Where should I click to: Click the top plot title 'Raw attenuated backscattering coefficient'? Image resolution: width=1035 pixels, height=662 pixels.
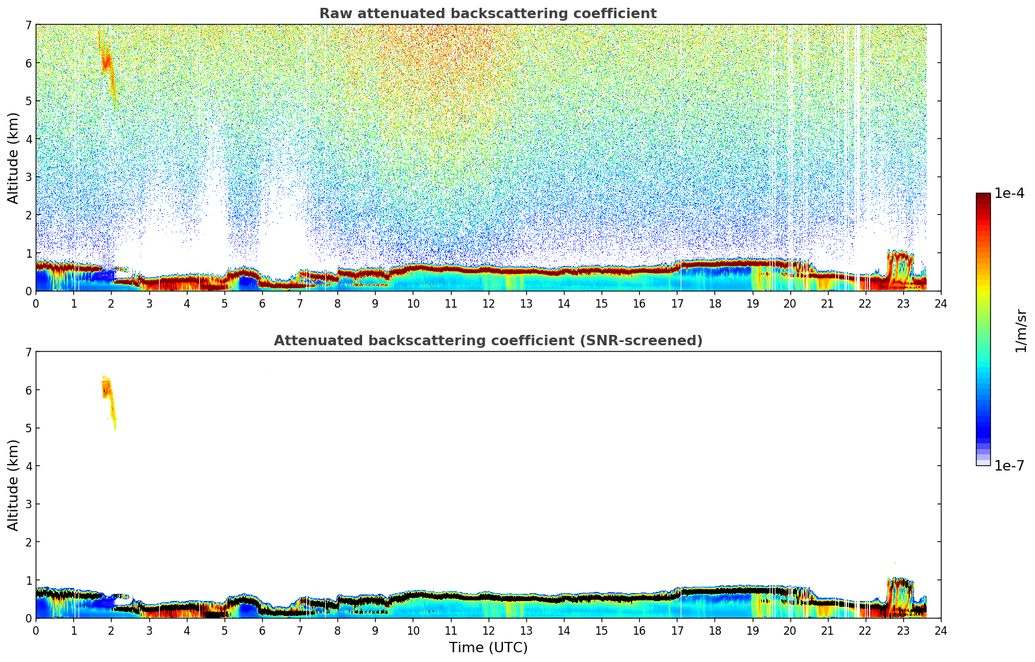click(x=487, y=14)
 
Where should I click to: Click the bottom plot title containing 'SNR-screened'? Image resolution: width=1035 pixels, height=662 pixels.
click(x=487, y=341)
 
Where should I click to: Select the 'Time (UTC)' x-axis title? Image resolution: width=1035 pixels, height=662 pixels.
click(x=488, y=648)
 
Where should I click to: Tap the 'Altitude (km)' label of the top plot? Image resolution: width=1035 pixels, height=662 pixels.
click(x=14, y=158)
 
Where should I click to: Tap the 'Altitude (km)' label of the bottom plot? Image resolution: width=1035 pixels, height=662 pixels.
click(x=14, y=485)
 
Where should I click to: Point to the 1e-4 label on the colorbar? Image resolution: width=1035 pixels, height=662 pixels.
click(x=1009, y=193)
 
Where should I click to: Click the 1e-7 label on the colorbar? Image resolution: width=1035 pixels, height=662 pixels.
click(x=1009, y=466)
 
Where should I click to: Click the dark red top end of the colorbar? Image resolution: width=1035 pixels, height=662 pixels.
click(x=983, y=197)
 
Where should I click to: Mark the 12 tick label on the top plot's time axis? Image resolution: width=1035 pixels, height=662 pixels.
click(x=488, y=304)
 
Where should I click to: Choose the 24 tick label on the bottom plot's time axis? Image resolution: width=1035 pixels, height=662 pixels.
click(x=940, y=631)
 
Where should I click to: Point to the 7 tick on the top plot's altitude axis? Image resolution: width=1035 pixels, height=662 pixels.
click(x=28, y=25)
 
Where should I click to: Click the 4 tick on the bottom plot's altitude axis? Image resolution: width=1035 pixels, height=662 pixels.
click(x=28, y=466)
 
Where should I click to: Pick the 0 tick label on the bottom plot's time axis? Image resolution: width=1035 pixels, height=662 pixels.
click(x=36, y=631)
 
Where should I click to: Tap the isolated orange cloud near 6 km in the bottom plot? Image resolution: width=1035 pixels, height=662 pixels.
click(x=107, y=389)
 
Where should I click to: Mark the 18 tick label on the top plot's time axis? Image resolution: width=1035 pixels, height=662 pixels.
click(x=714, y=304)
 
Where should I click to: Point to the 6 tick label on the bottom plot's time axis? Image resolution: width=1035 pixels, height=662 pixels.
click(x=262, y=631)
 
